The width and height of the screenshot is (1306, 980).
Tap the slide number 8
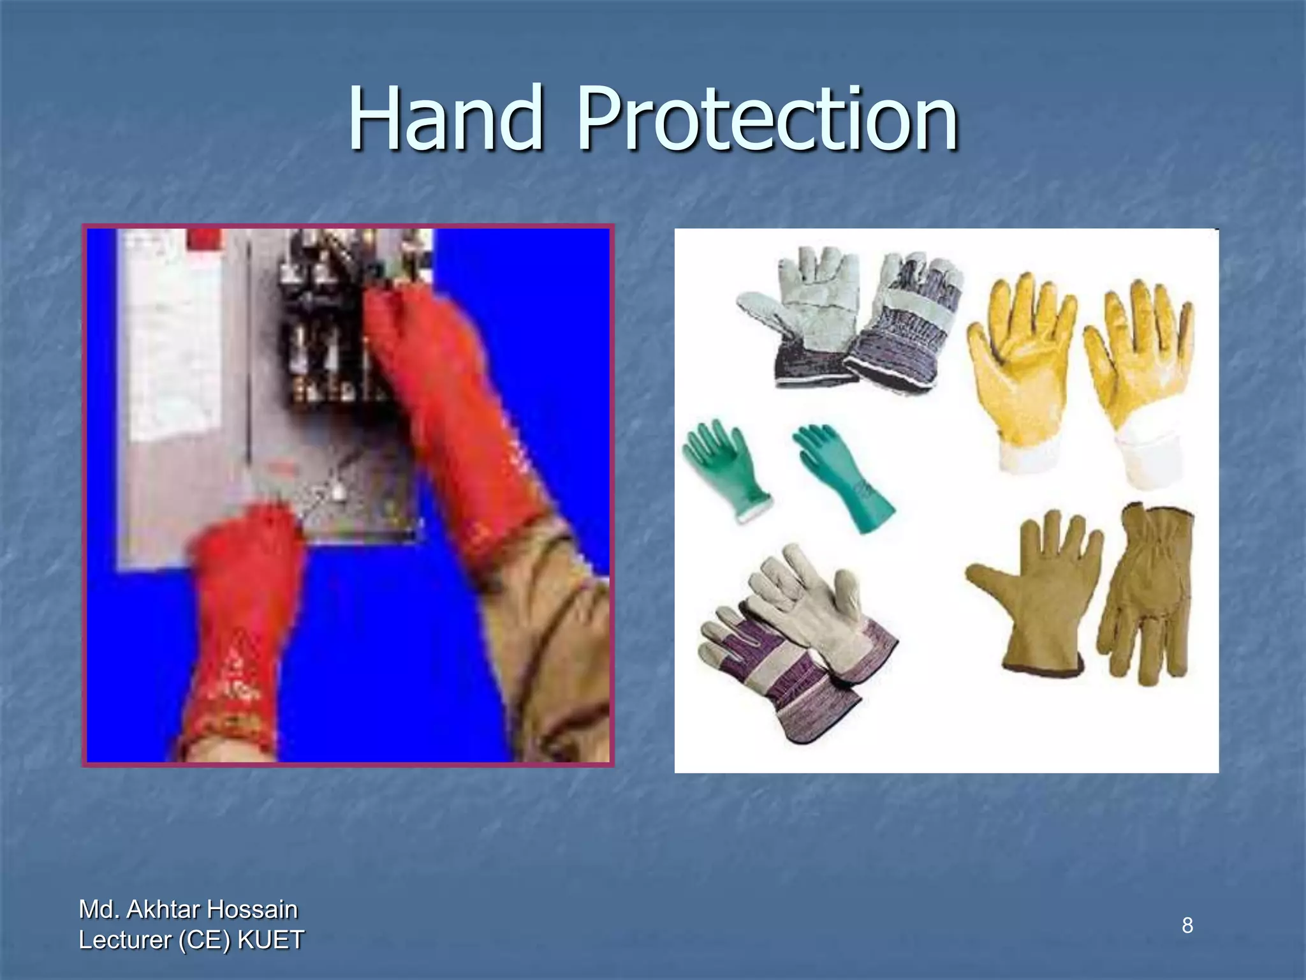click(x=1187, y=924)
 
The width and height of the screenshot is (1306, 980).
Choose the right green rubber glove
click(x=842, y=475)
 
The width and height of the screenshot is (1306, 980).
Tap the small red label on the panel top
click(x=205, y=241)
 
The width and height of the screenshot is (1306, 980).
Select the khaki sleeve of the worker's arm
click(x=561, y=638)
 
